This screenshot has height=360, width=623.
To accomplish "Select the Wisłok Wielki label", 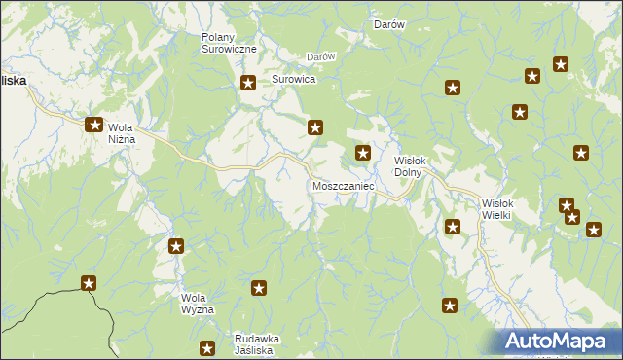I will click(x=503, y=209).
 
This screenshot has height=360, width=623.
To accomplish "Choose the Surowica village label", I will click(x=294, y=79).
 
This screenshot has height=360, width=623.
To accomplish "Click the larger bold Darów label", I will click(x=389, y=24).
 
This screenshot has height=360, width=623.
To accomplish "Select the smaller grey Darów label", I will click(x=320, y=56).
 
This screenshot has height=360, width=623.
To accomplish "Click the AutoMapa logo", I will click(x=558, y=342).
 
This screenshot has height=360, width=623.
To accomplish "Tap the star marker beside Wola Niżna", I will click(x=94, y=125).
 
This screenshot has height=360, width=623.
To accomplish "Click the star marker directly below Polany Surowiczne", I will click(x=248, y=83).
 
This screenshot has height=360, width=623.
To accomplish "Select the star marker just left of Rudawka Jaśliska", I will click(x=207, y=347).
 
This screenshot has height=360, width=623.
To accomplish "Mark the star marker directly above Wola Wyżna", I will click(x=176, y=246).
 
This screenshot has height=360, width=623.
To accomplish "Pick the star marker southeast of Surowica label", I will click(x=316, y=126).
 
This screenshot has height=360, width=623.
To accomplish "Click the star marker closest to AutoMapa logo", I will click(x=450, y=306).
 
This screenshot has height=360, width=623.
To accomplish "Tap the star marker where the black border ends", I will click(x=89, y=283).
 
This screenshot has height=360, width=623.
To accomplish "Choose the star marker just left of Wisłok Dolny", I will click(x=363, y=152).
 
